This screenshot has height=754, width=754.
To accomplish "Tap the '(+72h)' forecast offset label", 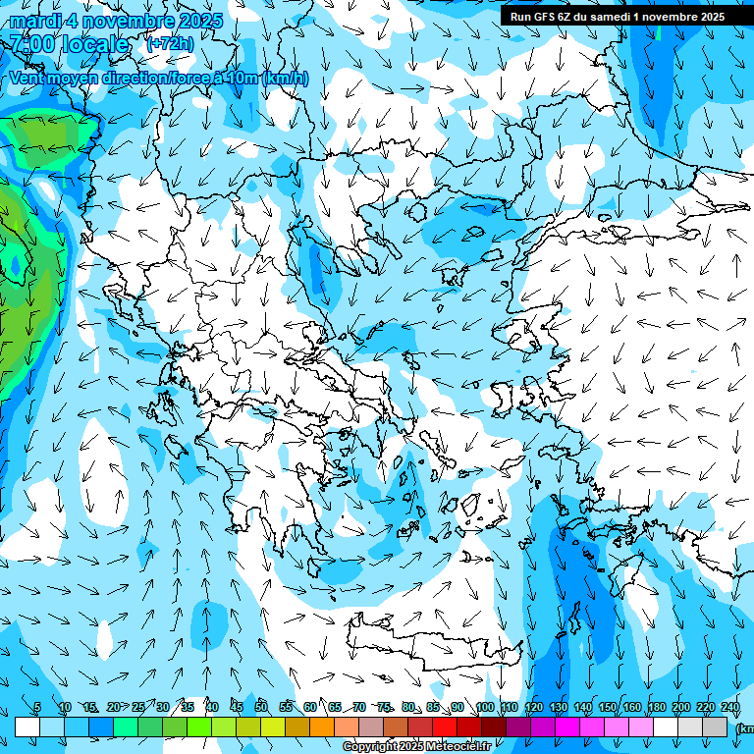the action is tap(170, 44).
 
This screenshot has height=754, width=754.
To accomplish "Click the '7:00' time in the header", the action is tap(30, 44).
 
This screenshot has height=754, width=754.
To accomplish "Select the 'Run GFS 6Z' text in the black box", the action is tap(540, 17).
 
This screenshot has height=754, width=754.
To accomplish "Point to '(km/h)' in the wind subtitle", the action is tap(286, 78).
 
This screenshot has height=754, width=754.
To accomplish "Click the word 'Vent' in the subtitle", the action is tap(27, 78).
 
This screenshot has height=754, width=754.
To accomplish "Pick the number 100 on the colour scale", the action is tap(485, 708).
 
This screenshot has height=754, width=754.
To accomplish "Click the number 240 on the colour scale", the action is tap(730, 708).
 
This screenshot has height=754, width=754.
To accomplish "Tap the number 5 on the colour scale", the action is tap(37, 708).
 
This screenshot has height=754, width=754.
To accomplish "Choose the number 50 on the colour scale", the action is tap(261, 708).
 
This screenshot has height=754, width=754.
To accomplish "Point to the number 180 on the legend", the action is tap(657, 708).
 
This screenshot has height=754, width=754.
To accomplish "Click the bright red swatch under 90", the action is tap(445, 727).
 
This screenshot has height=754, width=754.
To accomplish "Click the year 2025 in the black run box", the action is tap(707, 17).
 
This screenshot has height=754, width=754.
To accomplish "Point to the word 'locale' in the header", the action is tap(95, 44).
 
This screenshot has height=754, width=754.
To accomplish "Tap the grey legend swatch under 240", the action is tap(715, 727).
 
